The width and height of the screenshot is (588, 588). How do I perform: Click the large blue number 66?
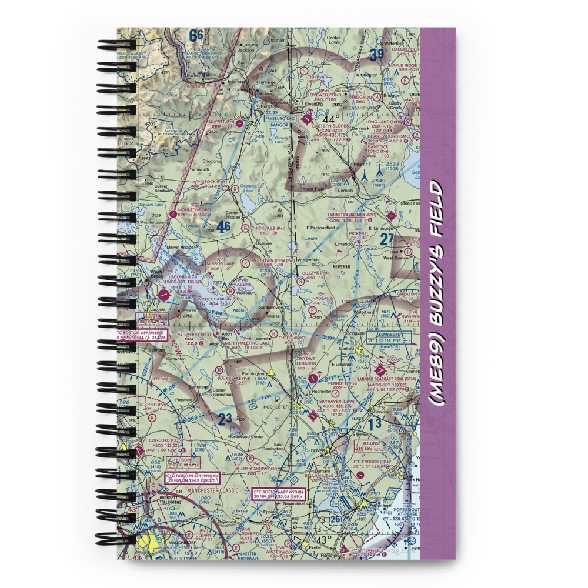196,36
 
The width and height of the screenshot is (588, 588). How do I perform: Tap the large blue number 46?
223,227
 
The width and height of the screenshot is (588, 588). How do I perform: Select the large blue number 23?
225,419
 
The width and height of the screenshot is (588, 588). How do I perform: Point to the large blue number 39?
376,56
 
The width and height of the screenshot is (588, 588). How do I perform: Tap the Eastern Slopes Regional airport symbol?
308,120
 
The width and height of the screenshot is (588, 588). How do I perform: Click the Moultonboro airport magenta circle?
172,213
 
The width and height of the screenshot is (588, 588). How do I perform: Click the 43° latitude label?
322,539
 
